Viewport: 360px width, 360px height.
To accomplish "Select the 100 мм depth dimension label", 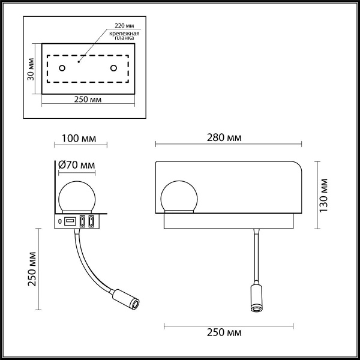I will pos(80,137).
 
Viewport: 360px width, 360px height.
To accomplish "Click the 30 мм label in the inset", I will pos(32,70).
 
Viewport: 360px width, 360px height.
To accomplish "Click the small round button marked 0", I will pos(59,222).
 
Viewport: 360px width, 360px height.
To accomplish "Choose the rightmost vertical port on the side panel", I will pos(92,222).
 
